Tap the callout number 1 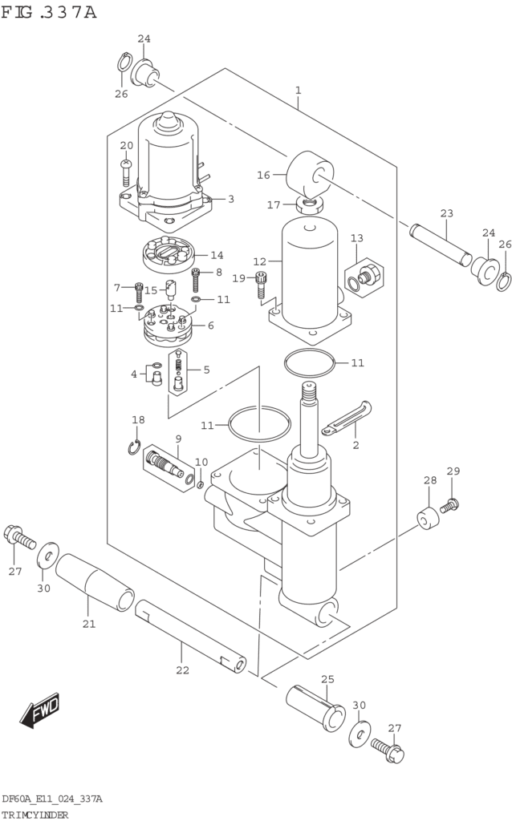pyautogui.click(x=298, y=91)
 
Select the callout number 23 pyautogui.click(x=447, y=213)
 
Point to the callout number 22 pyautogui.click(x=182, y=669)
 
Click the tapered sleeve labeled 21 pyautogui.click(x=95, y=581)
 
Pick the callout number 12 pyautogui.click(x=259, y=261)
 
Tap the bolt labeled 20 pyautogui.click(x=125, y=171)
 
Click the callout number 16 pyautogui.click(x=263, y=175)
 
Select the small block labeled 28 pyautogui.click(x=428, y=518)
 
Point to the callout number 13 pyautogui.click(x=356, y=238)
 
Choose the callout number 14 pyautogui.click(x=217, y=256)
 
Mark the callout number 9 pyautogui.click(x=177, y=439)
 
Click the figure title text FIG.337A pyautogui.click(x=50, y=13)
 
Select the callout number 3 pyautogui.click(x=230, y=199)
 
